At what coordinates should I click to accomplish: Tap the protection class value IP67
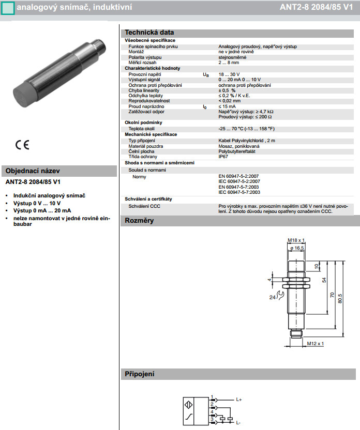[x=223, y=156]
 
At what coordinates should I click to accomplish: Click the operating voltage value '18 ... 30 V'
[x=229, y=75]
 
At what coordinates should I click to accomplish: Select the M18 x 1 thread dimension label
[x=296, y=240]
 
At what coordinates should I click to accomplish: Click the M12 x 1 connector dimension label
[x=315, y=343]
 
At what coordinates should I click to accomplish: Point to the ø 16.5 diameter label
[x=297, y=249]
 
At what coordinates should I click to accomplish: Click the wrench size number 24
[x=272, y=297]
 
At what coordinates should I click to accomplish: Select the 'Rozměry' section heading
[x=139, y=221]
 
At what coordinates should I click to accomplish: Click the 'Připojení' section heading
[x=140, y=374]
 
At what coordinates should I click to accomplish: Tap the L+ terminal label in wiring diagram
[x=239, y=400]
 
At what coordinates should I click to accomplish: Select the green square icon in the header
[x=7, y=8]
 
